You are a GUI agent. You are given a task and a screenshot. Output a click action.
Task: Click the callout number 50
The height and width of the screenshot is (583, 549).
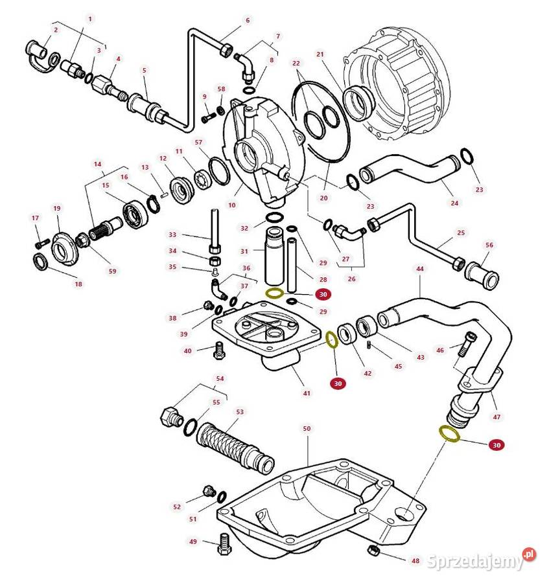[307, 428]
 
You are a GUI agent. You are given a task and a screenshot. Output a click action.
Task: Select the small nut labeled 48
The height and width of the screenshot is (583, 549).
[373, 552]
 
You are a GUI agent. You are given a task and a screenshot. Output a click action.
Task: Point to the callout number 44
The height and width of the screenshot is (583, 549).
[420, 268]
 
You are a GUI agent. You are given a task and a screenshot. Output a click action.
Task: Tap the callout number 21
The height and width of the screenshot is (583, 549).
[320, 54]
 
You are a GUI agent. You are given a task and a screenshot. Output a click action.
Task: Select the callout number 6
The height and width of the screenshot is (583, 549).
[247, 20]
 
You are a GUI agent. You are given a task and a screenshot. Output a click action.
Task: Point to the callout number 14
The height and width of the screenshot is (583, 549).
[98, 165]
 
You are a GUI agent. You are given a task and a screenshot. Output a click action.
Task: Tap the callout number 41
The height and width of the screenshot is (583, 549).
[307, 393]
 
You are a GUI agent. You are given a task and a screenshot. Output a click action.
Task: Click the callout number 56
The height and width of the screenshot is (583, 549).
[489, 245]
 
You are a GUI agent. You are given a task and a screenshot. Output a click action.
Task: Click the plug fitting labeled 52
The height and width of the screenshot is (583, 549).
[208, 490]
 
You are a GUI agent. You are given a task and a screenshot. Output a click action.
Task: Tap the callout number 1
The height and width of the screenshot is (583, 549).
[90, 19]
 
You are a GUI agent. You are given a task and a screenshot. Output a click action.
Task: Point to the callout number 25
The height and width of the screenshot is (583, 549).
[461, 232]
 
